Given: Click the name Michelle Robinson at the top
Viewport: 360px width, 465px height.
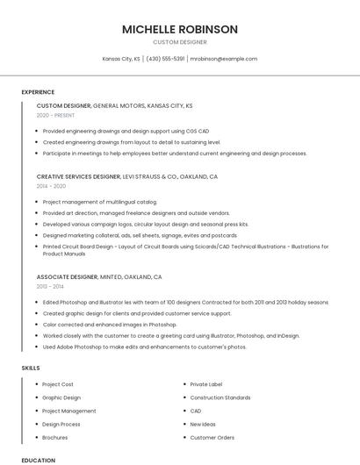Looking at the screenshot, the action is [180, 29].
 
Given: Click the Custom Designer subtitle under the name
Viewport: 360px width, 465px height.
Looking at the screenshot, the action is [180, 42].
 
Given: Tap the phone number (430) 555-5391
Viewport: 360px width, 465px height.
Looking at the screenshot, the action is [165, 59].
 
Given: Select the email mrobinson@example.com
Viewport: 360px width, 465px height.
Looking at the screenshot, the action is [224, 59].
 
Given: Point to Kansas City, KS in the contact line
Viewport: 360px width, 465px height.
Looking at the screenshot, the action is [121, 59].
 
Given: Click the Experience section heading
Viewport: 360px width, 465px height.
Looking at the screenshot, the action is [38, 92].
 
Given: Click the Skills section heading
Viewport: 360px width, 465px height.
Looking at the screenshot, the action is [31, 368].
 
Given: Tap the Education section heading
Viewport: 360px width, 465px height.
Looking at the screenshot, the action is [38, 460].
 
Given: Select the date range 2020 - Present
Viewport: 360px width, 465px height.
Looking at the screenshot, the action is [55, 116].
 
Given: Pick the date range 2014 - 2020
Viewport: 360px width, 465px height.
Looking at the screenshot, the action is [51, 187].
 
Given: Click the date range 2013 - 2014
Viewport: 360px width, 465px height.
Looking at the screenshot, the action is [50, 287].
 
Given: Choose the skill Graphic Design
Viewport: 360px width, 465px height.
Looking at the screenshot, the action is [61, 397].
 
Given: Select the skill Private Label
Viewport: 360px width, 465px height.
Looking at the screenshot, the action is [206, 384].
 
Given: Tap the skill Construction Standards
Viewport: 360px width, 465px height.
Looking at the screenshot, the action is [220, 397].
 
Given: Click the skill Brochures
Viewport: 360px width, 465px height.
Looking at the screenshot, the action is [54, 437].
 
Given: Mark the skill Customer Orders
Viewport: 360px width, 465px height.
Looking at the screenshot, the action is [212, 437].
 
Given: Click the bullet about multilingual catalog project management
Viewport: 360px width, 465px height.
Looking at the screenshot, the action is [87, 202].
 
